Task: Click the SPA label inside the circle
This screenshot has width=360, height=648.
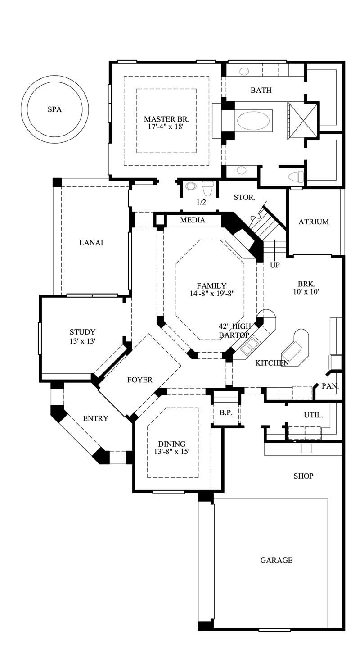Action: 54,109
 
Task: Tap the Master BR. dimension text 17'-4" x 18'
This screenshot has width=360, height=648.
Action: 166,127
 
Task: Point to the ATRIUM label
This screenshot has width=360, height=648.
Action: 314,222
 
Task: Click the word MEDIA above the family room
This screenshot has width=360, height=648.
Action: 193,220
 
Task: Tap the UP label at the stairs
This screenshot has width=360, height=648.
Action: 274,265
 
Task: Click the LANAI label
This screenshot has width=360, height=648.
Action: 91,243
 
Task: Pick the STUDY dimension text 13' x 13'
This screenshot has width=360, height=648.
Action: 82,341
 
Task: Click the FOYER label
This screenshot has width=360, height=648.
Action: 140,380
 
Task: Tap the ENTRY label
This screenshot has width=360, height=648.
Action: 95,418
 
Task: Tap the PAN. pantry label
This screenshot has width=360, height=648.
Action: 330,386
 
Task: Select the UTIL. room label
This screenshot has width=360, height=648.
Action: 314,415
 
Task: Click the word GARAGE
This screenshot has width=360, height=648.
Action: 276,561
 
